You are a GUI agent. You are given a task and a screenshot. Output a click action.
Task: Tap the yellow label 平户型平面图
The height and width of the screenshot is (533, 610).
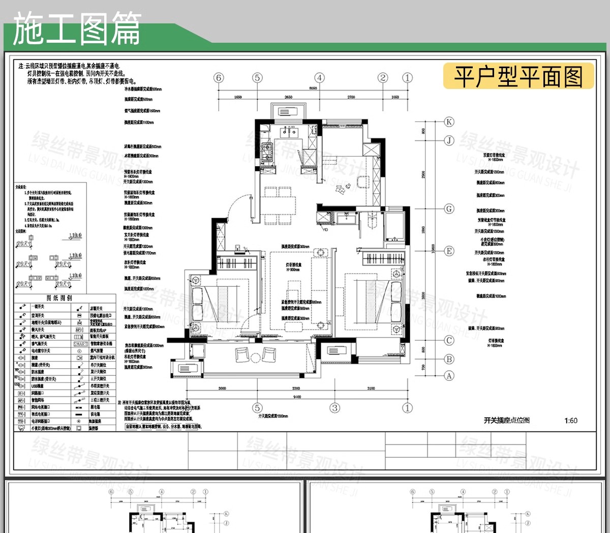518,77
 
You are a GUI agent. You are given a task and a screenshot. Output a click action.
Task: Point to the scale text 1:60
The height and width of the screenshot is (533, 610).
571,421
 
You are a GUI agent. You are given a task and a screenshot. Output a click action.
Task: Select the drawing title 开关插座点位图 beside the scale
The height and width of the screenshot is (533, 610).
506,421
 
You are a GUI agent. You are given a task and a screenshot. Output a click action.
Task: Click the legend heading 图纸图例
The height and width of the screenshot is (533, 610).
59,298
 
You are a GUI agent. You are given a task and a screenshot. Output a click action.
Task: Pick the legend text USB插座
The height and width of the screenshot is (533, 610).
38,386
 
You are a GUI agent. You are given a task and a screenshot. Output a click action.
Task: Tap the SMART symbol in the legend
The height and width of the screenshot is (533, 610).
80,344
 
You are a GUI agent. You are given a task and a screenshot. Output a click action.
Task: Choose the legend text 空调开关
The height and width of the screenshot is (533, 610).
39,315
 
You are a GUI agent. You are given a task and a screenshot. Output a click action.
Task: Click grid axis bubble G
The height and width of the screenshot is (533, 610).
449,209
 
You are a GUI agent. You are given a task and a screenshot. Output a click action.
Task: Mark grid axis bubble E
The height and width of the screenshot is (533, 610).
449,251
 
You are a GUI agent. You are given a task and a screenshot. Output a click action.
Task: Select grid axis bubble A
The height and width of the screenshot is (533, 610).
449,376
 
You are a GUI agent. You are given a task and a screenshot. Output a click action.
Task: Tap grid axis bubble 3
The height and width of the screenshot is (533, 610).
334,408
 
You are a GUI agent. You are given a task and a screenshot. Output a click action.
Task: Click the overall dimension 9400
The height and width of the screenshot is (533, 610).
297,397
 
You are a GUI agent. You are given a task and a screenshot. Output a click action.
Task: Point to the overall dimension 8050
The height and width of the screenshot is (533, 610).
313,88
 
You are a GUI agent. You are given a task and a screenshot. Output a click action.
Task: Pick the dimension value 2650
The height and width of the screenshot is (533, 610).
288,97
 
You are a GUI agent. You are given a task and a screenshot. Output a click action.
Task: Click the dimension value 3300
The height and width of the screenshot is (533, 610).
296,389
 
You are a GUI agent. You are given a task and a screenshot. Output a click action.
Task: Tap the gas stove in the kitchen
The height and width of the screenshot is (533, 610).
266,150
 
